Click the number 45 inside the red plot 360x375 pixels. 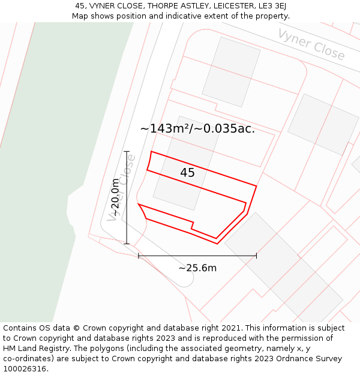click(187, 173)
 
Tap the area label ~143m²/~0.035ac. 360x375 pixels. click(197, 128)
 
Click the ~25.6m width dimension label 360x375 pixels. click(197, 268)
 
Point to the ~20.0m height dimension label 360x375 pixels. click(115, 198)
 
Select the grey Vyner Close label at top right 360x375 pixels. click(311, 44)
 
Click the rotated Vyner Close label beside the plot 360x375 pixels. click(121, 187)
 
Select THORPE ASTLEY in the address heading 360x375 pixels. click(172, 6)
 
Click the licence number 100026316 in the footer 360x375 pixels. click(25, 369)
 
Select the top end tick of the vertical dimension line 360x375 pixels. click(127, 152)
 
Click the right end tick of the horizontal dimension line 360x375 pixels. click(256, 256)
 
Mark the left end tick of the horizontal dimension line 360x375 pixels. click(139, 256)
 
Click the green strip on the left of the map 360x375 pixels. click(48, 150)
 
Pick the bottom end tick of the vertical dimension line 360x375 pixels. click(127, 244)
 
